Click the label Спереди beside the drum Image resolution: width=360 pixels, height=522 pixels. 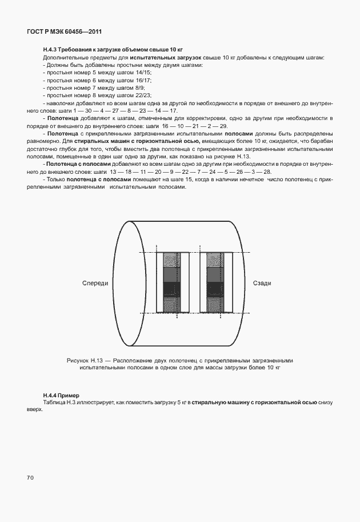coord(95,284)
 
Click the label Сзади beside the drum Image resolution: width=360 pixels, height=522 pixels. coord(262,284)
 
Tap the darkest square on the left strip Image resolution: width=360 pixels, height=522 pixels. coord(171,288)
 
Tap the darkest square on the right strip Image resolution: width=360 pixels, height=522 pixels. coord(215,288)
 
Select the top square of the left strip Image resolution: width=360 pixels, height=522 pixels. coord(171,260)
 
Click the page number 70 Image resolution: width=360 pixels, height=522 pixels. coord(30,477)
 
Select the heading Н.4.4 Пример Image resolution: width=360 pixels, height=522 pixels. coord(61,396)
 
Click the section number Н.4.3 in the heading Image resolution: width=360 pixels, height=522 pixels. coord(50,50)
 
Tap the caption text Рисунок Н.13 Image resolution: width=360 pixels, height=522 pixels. coord(86,361)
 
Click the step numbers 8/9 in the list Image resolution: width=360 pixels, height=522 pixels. coord(139,87)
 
